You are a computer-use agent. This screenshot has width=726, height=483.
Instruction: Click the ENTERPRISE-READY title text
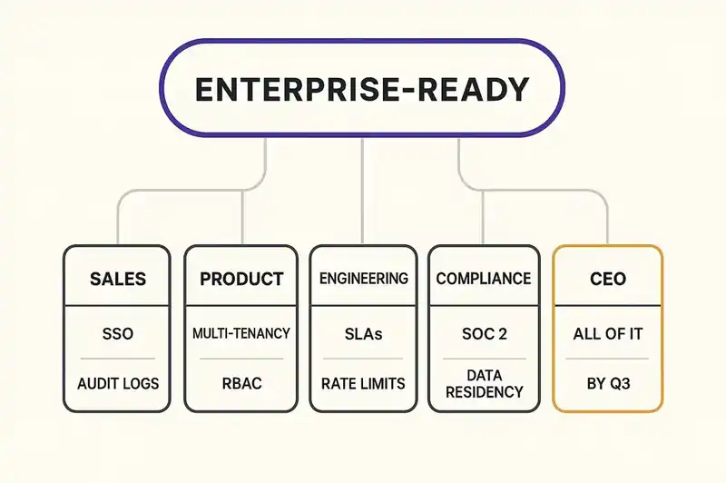pos(362,90)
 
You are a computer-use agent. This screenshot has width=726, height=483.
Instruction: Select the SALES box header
pos(118,279)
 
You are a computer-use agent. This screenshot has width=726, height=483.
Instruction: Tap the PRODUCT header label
pos(241,279)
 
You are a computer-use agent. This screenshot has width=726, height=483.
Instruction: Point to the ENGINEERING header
pos(363,279)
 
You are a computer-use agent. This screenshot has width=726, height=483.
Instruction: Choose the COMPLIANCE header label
pos(483,279)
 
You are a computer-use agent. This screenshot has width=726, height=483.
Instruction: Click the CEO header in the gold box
pos(608,279)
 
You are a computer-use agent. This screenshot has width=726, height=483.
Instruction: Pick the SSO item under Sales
pos(118,334)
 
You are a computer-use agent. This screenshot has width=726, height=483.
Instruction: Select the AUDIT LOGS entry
pos(118,383)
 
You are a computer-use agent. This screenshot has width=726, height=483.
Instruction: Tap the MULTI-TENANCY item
pos(241,334)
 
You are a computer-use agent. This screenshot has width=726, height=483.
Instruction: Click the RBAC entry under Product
pos(241,383)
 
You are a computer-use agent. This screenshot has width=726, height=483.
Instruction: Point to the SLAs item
pos(363,334)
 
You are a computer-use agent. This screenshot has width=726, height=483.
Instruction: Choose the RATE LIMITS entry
pos(363,383)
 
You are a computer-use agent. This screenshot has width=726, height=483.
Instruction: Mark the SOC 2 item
pos(483,334)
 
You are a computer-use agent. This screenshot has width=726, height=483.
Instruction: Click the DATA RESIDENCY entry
pos(483,382)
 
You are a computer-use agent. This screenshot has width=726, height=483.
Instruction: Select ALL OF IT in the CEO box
pos(608,334)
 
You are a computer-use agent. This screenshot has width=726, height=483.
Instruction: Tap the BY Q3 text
pos(608,383)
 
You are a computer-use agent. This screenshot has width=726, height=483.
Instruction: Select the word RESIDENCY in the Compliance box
pos(483,392)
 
